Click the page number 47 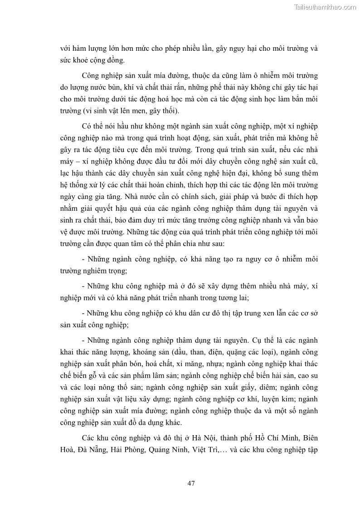(191, 483)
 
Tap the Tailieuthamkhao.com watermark (325, 7)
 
